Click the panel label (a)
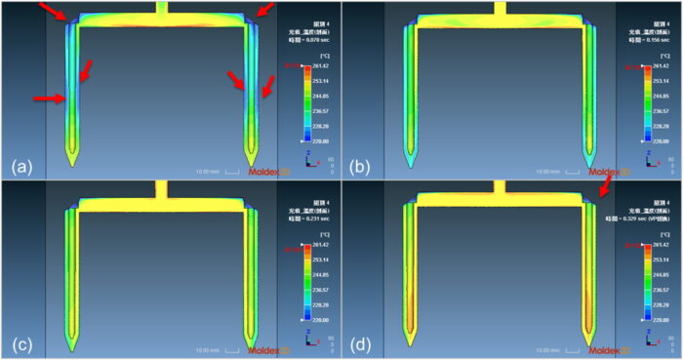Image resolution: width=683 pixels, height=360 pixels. coord(22,167)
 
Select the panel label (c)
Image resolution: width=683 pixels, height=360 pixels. coord(22,344)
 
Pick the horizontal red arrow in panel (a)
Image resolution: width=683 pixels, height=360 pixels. coord(49,98)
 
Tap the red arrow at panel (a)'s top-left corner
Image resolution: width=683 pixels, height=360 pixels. coord(54,12)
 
